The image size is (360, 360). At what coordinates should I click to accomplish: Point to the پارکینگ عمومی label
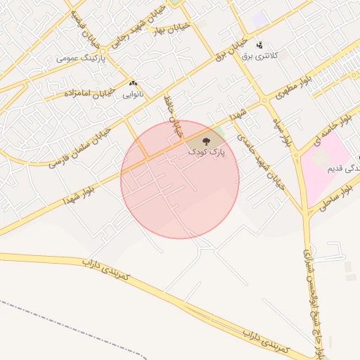(81, 58)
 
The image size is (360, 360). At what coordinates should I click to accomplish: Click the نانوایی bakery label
(133, 93)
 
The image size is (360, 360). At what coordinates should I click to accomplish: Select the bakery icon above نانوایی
(133, 83)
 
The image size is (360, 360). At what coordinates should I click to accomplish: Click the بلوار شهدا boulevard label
(84, 191)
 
